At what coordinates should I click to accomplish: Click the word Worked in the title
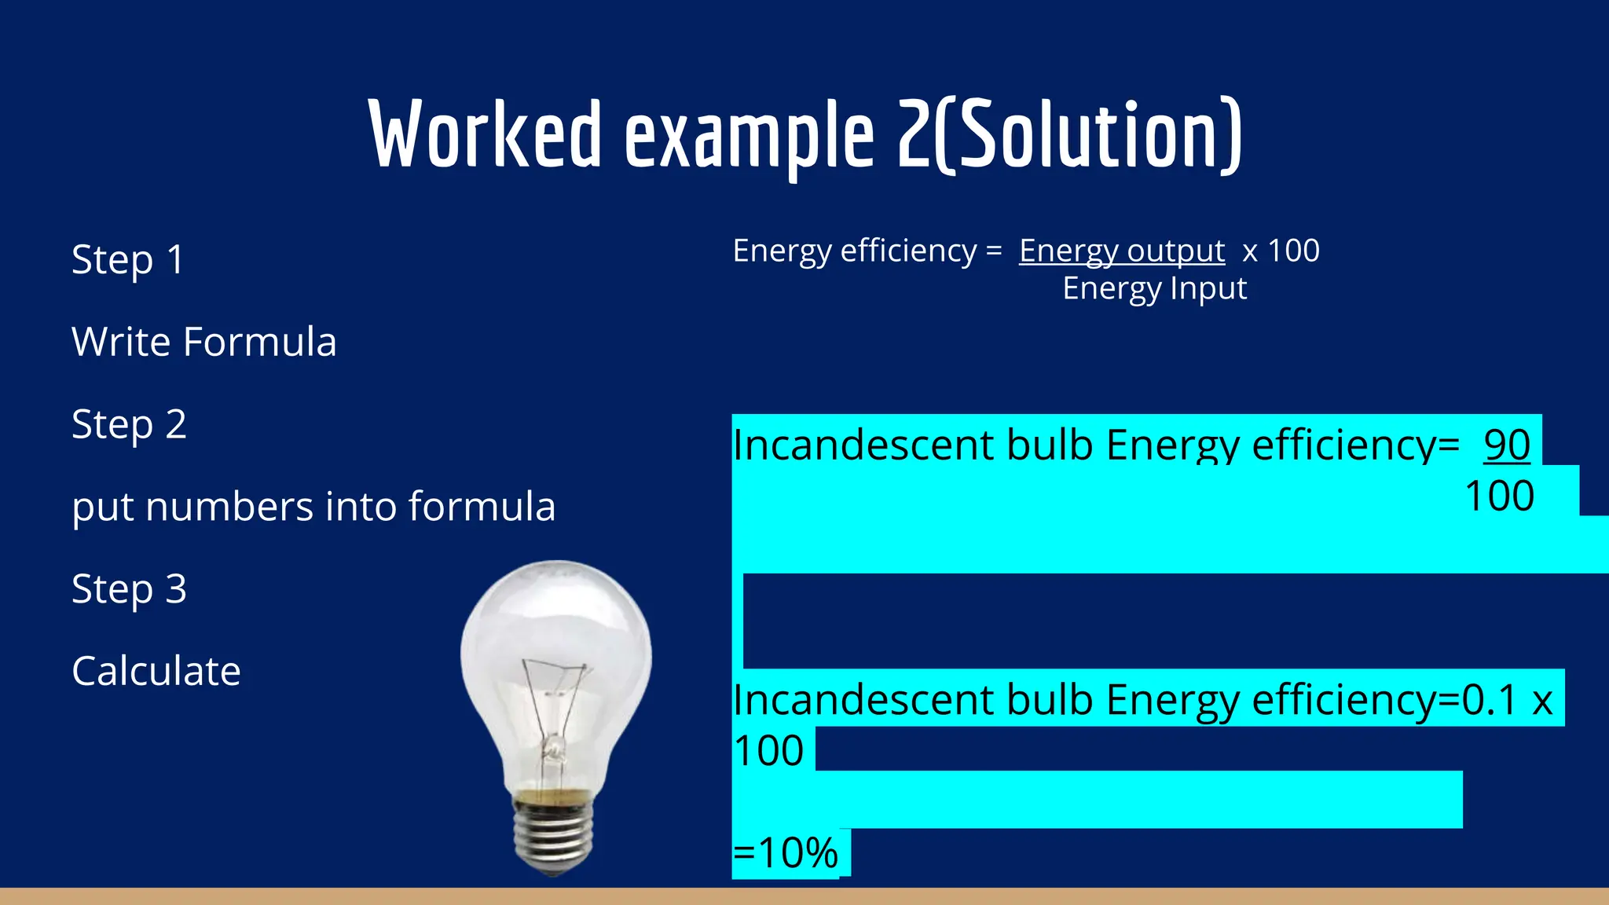click(486, 135)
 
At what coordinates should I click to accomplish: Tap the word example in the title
click(749, 138)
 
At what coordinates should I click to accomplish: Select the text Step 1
click(128, 260)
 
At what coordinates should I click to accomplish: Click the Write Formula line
click(204, 342)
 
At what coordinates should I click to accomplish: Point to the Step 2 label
click(130, 425)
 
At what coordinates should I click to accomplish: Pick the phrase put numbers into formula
click(313, 507)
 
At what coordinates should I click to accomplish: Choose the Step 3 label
click(130, 589)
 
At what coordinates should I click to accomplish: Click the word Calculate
click(156, 672)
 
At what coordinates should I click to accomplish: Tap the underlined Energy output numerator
click(1122, 251)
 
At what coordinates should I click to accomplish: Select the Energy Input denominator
click(1154, 289)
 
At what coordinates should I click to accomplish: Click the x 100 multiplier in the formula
click(1281, 251)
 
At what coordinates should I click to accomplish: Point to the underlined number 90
click(1507, 445)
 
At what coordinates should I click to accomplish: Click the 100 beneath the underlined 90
click(1499, 496)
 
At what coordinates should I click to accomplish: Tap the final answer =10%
click(786, 853)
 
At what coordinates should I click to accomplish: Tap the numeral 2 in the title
click(914, 135)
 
